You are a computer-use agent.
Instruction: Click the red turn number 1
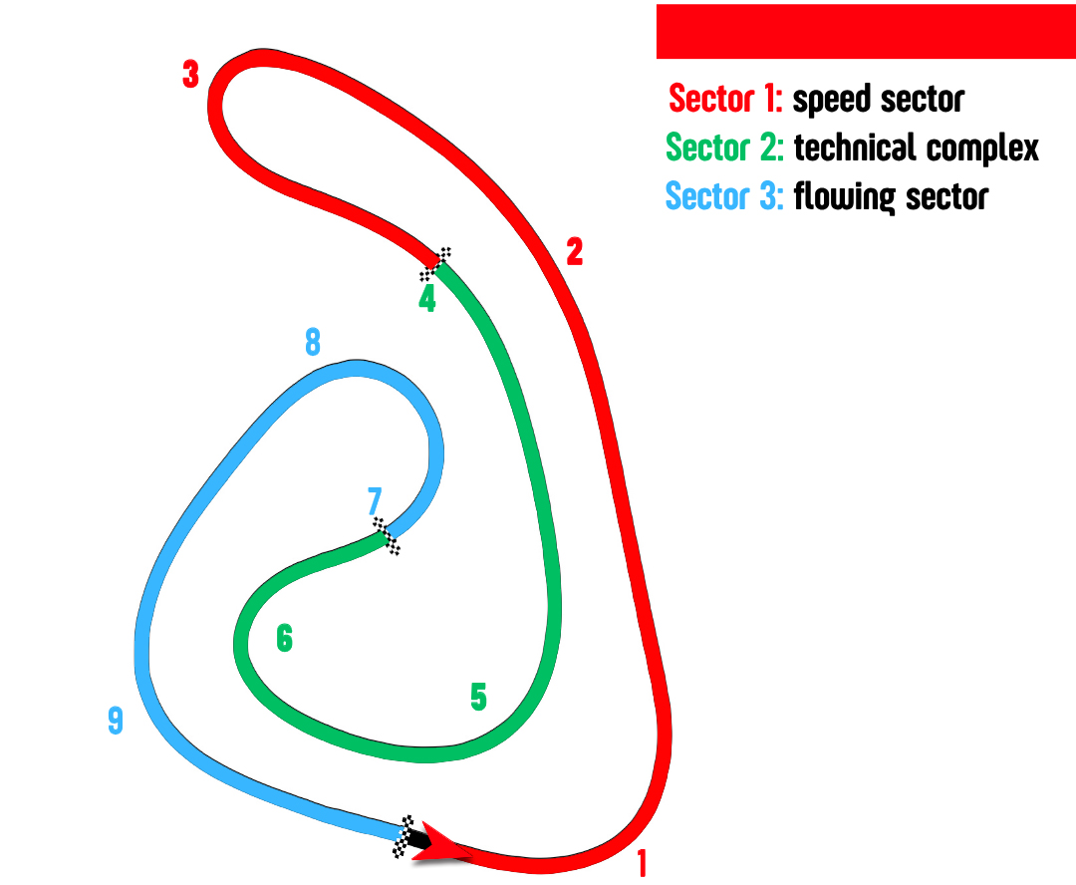click(643, 862)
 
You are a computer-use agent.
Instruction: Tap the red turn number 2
click(574, 252)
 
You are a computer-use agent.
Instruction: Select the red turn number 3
click(190, 75)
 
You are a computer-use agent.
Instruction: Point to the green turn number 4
click(427, 299)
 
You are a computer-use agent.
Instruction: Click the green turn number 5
click(478, 698)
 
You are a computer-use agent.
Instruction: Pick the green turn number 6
click(285, 638)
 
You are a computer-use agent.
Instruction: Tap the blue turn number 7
click(375, 500)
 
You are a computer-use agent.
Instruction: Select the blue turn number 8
click(313, 343)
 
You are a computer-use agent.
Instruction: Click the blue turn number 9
click(116, 721)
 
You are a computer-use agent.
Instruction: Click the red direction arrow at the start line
click(438, 842)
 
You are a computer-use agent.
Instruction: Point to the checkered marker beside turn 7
click(387, 536)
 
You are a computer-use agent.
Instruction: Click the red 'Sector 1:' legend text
click(725, 100)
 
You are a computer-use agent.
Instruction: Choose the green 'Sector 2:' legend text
click(724, 147)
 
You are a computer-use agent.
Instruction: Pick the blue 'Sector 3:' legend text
click(724, 196)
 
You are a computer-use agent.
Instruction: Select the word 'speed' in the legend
click(832, 101)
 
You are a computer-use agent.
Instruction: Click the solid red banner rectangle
click(865, 31)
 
